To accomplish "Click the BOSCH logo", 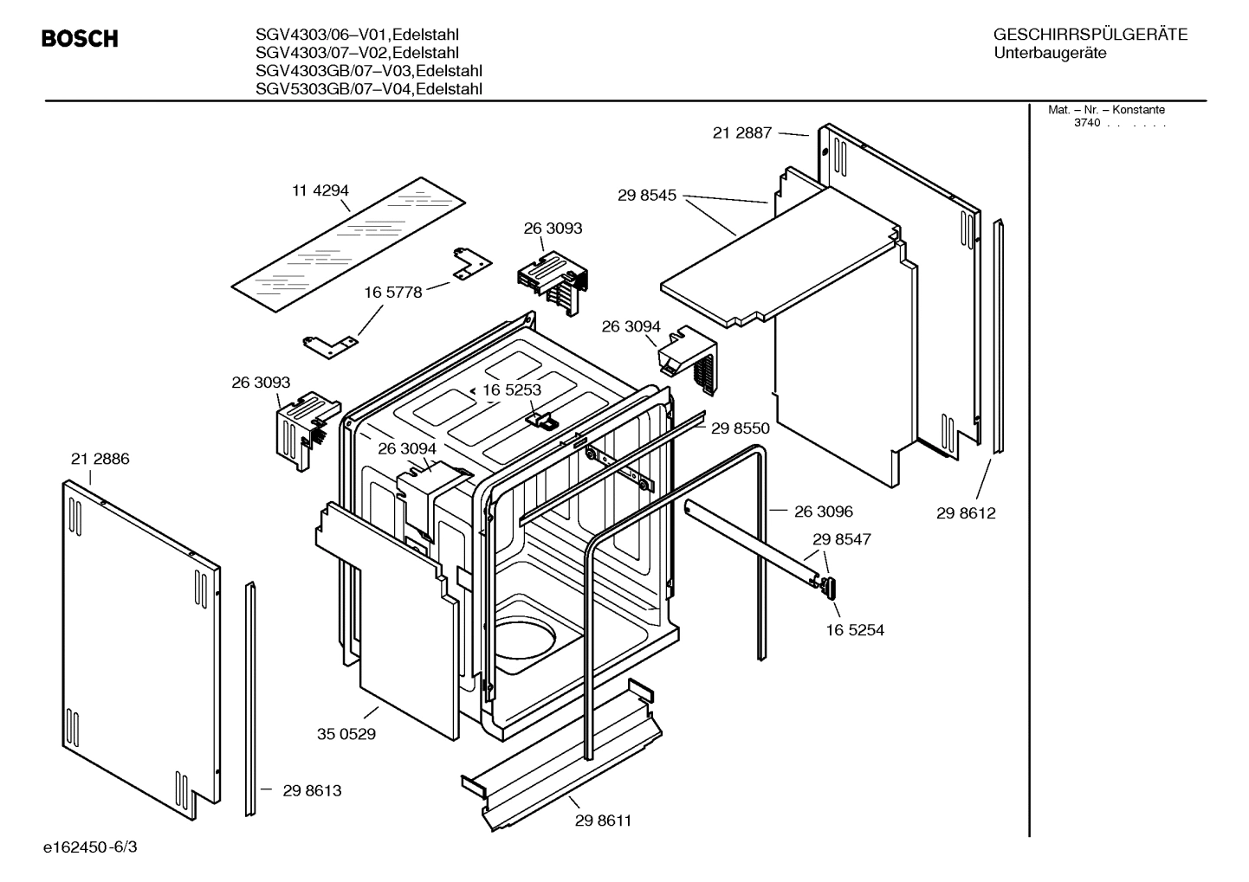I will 80,39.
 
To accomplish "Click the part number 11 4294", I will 320,190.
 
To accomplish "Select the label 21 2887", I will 741,133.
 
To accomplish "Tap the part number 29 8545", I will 647,196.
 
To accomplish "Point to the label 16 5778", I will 392,293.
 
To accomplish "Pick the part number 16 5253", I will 511,389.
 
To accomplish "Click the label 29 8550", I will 740,428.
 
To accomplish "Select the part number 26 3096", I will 823,512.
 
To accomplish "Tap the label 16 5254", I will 855,630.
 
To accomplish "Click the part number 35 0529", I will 346,734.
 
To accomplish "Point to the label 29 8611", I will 603,821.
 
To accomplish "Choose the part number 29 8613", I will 312,790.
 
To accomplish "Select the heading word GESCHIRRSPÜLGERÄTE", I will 1090,35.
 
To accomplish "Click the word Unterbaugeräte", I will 1050,53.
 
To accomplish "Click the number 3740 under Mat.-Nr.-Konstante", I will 1086,123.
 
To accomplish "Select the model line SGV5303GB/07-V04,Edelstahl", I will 369,89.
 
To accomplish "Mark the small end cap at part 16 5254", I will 829,588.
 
